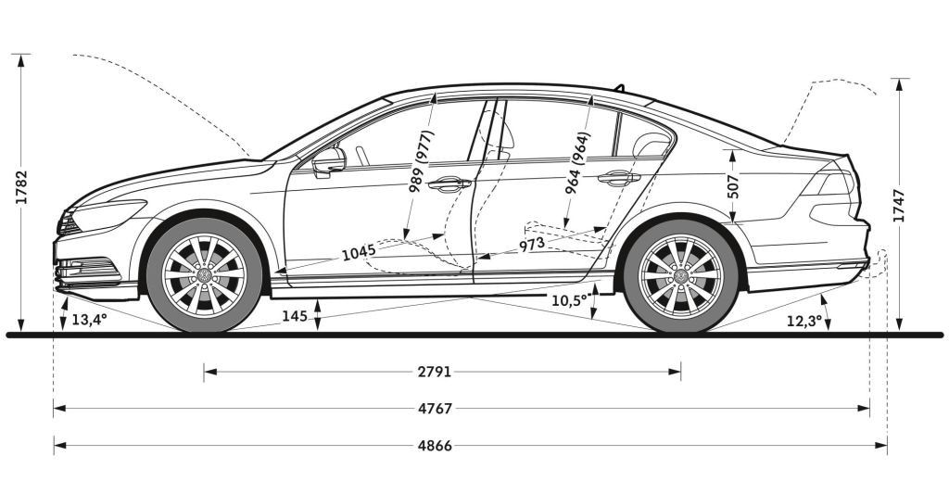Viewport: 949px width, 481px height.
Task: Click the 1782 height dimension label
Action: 22,187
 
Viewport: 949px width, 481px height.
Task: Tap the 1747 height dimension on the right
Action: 899,206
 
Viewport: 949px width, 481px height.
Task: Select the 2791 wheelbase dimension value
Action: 435,372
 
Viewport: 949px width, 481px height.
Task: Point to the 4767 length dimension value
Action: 435,409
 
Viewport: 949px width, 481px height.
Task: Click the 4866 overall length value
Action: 435,446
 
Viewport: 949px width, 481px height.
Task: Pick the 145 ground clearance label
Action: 295,316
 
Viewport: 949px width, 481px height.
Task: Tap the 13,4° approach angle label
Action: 90,319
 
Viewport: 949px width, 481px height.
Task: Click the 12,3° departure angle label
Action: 804,322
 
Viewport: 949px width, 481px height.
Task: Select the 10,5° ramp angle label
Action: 570,299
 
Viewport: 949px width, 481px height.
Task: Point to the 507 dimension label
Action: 733,187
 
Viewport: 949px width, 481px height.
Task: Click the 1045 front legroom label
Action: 359,251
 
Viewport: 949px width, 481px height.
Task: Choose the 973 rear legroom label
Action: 531,245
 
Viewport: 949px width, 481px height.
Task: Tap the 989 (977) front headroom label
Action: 422,161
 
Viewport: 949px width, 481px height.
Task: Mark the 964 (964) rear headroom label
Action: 576,163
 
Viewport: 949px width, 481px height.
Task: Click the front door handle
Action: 449,184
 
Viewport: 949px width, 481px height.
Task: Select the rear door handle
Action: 618,178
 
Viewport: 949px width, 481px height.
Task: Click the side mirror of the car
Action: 329,161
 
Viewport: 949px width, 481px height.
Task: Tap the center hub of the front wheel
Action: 204,274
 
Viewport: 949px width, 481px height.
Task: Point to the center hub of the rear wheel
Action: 681,276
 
